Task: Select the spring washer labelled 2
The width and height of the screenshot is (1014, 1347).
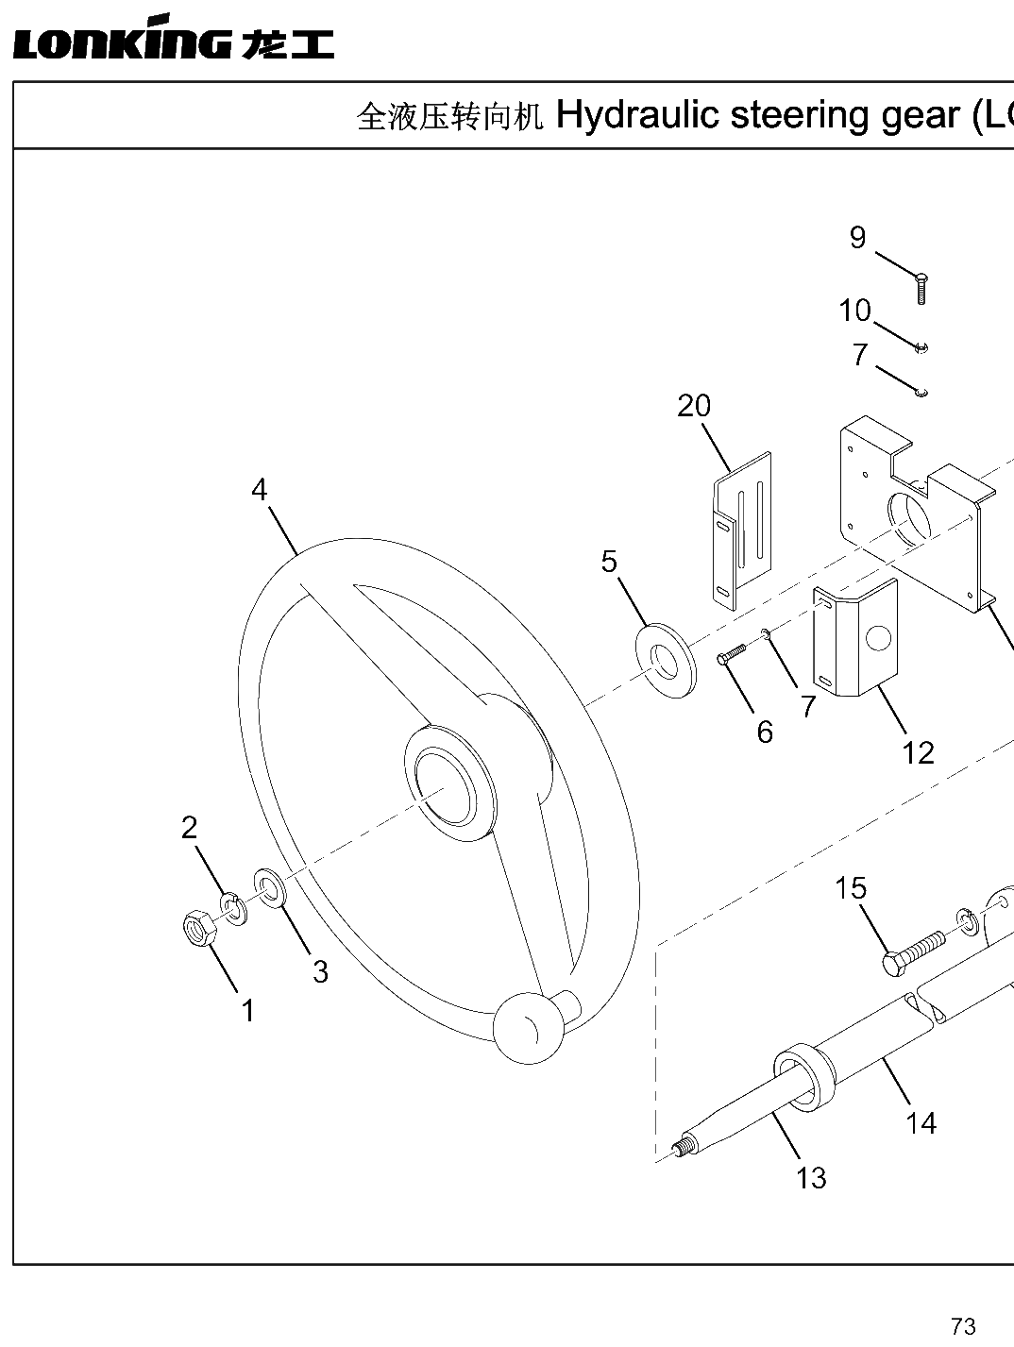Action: click(234, 908)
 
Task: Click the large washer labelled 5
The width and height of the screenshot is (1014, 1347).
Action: click(666, 662)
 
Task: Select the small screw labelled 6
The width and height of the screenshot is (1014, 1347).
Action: click(731, 653)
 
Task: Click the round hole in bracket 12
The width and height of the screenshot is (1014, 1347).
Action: click(878, 638)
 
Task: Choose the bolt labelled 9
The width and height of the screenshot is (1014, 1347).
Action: click(921, 289)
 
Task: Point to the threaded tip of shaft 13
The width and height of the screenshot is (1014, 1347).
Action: click(684, 1147)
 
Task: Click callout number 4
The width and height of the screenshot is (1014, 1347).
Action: click(260, 489)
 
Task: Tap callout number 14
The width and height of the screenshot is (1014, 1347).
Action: click(921, 1123)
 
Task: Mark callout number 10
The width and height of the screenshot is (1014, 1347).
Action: click(855, 310)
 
